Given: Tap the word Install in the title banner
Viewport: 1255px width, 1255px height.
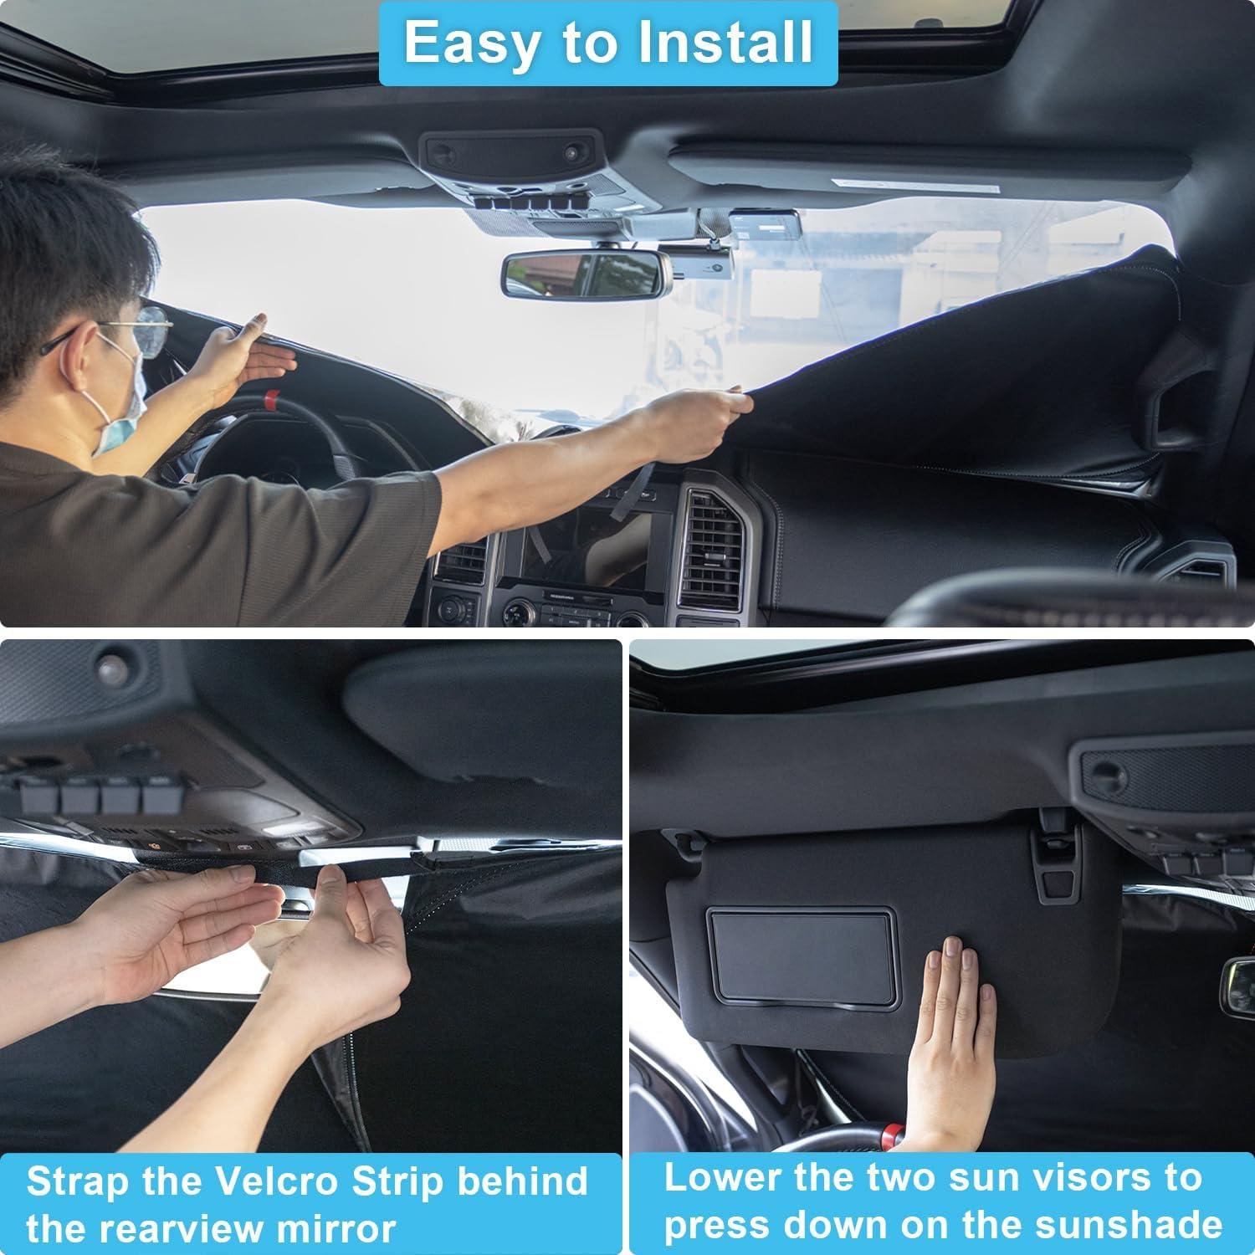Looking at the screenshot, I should click(725, 42).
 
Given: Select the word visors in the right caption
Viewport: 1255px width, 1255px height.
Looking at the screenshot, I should click(1089, 1177).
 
